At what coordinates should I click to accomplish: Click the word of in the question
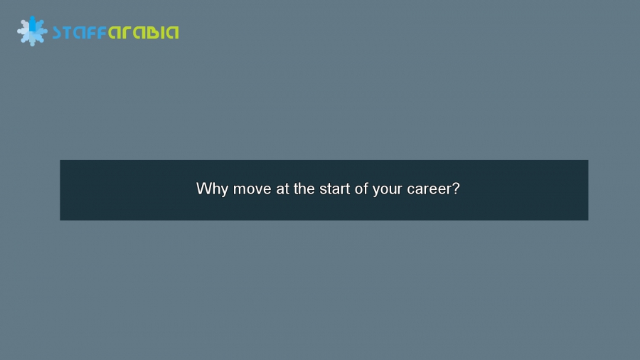(364, 190)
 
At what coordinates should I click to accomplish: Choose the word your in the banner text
(388, 190)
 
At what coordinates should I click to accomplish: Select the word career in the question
(430, 190)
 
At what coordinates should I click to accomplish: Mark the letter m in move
(240, 191)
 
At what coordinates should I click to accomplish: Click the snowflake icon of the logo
(32, 31)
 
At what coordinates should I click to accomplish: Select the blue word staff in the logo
(79, 32)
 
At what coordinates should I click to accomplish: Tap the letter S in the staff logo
(58, 32)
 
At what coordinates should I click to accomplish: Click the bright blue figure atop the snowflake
(32, 23)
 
